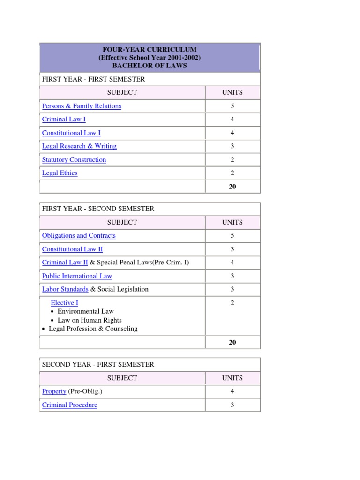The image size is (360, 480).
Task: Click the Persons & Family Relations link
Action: (x=82, y=106)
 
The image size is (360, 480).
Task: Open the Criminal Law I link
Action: (x=64, y=120)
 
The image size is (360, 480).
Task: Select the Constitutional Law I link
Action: (x=71, y=133)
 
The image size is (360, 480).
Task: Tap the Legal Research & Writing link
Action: (x=79, y=146)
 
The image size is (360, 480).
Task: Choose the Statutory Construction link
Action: (x=74, y=159)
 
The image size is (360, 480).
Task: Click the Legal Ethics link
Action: (x=60, y=173)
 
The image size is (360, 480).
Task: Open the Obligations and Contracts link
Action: (x=79, y=235)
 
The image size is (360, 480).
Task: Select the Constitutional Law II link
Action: (x=72, y=249)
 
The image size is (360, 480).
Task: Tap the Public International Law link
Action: (x=77, y=276)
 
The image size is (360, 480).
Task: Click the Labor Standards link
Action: (x=65, y=289)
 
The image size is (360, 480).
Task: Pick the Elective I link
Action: (x=64, y=303)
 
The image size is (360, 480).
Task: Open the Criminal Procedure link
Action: (x=70, y=405)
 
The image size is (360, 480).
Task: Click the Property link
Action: (x=54, y=391)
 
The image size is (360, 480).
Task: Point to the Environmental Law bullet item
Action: (x=85, y=311)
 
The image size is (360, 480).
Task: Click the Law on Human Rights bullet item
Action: (x=90, y=320)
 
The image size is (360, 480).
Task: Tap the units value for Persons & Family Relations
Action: (x=232, y=106)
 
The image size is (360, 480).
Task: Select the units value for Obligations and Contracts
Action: (x=232, y=235)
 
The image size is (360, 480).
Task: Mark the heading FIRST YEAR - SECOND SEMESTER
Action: (x=98, y=209)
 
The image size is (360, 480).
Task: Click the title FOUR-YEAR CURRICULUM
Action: (x=150, y=49)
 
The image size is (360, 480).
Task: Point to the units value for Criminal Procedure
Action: (x=232, y=405)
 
